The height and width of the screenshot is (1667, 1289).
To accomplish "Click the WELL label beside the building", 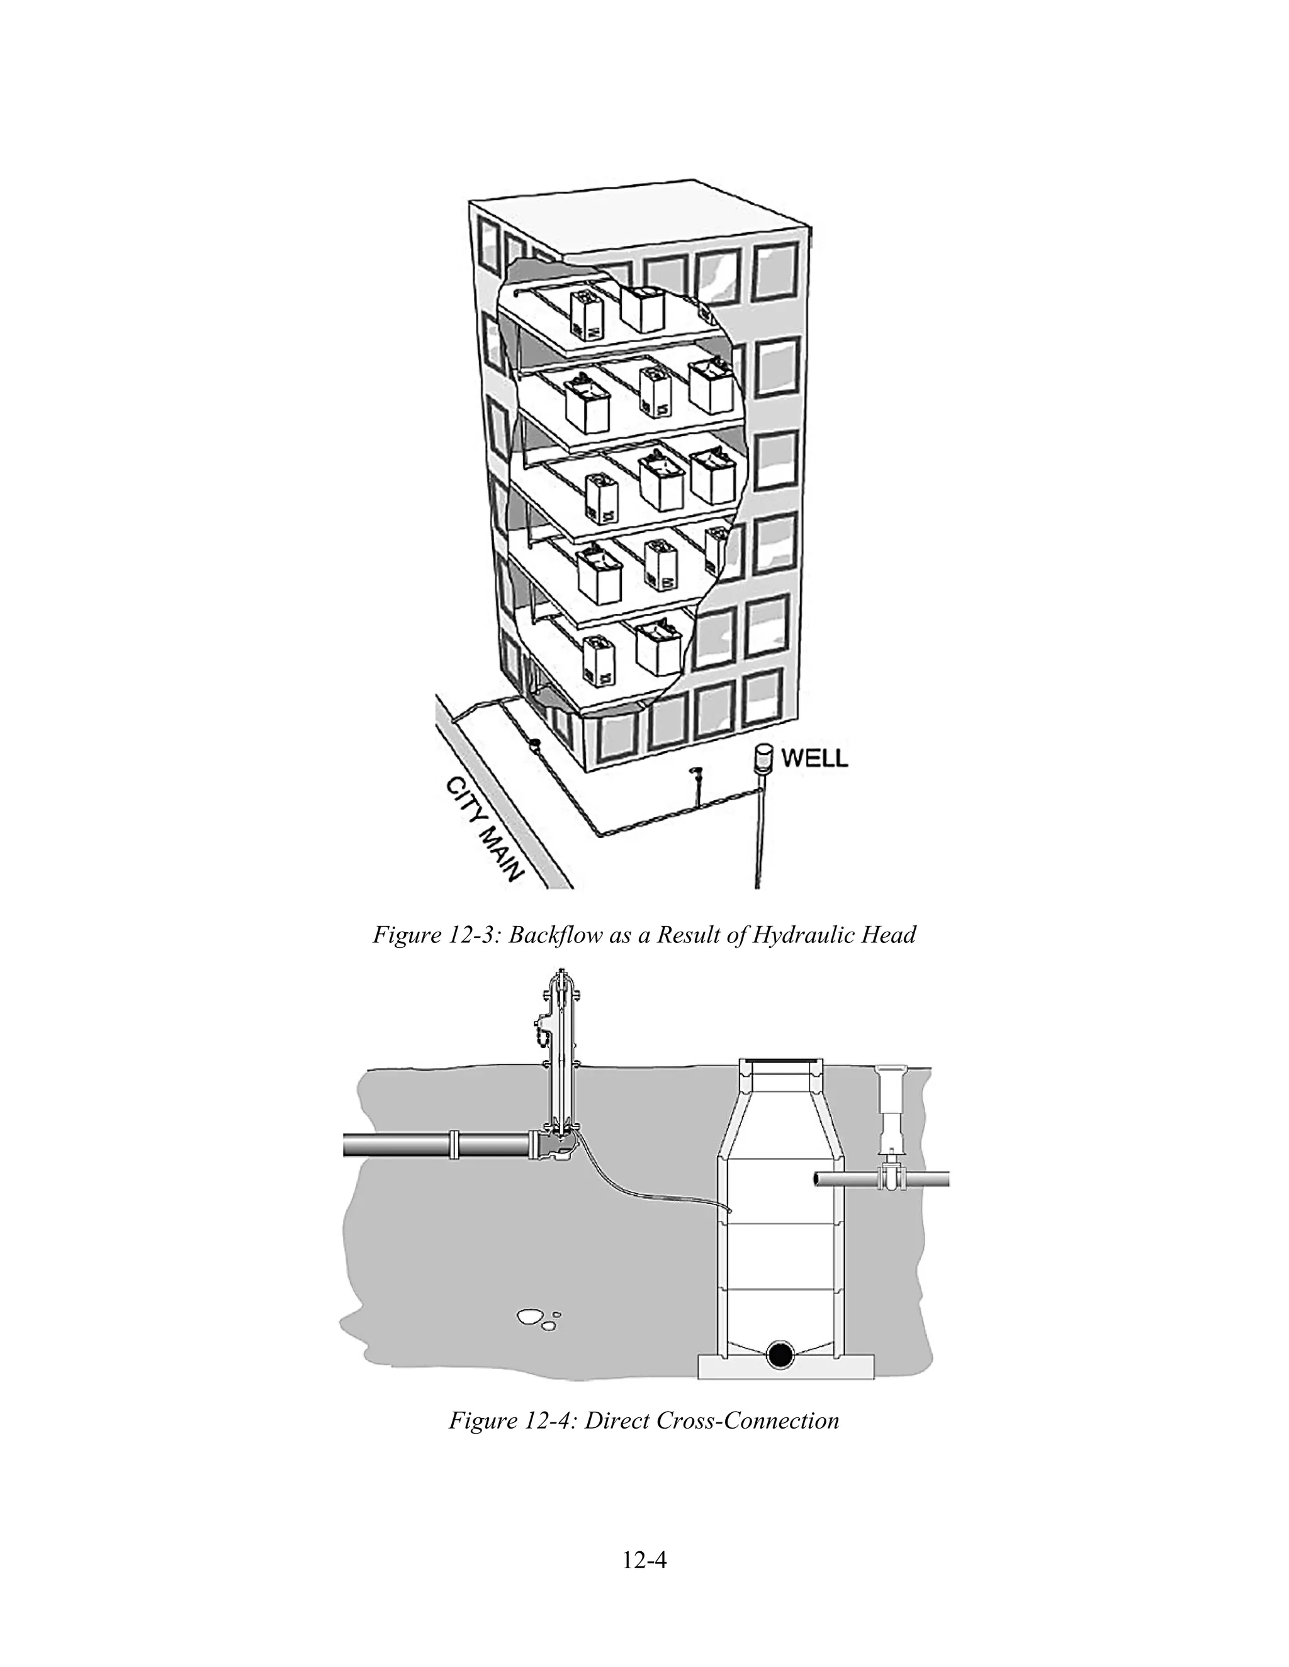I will point(814,758).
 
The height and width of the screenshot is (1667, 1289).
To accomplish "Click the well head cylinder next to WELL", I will point(762,758).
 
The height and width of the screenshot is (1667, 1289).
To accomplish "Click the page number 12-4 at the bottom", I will point(644,1560).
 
